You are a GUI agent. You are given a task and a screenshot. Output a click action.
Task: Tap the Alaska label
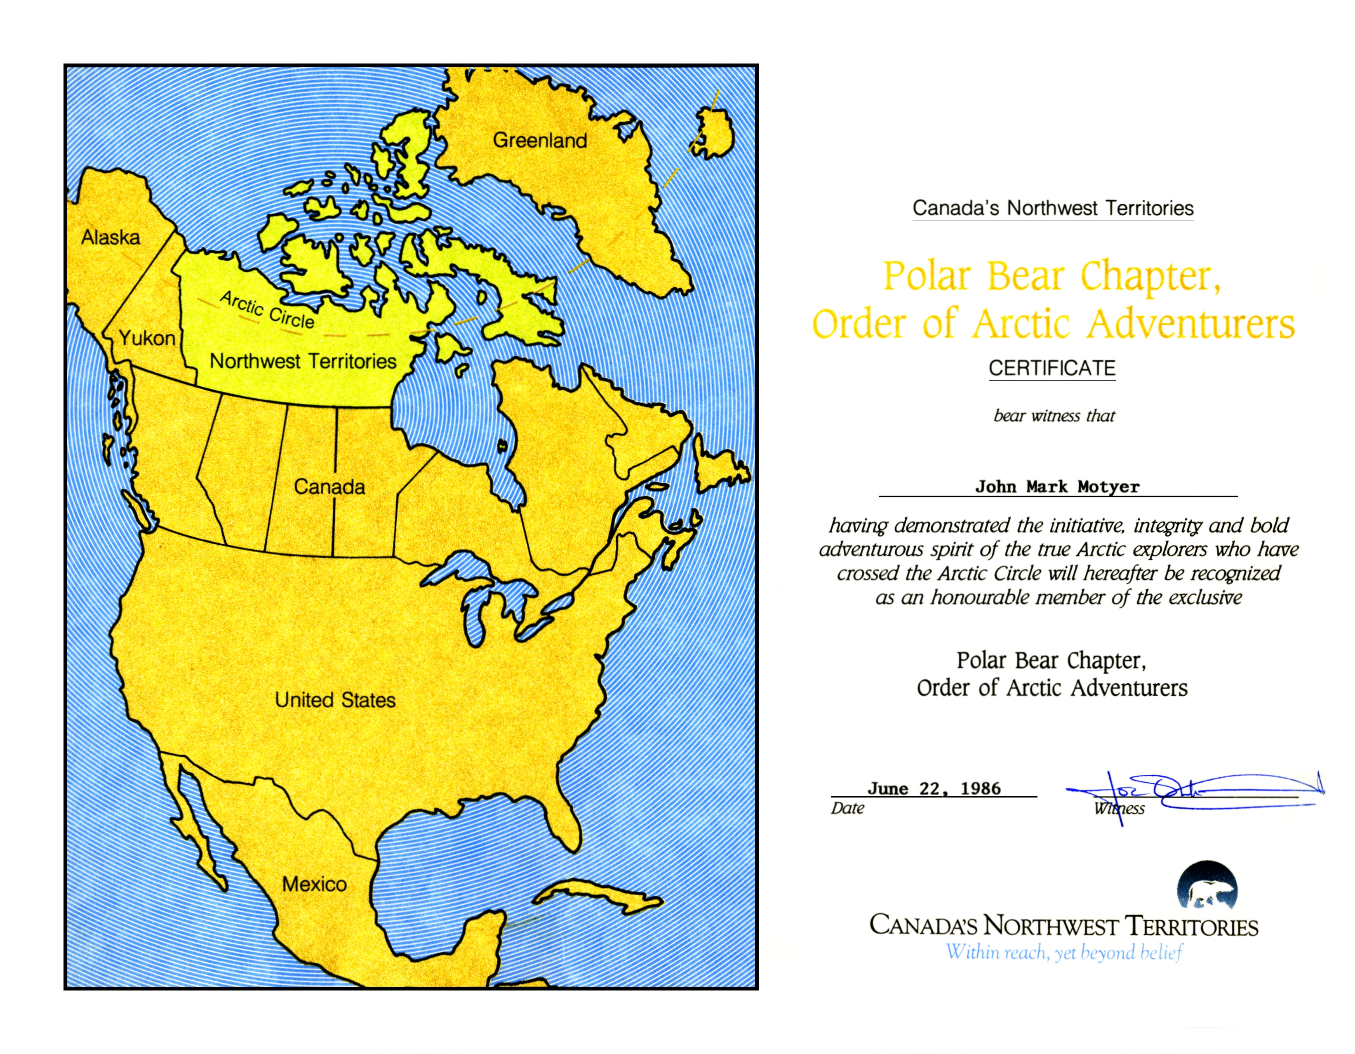111,237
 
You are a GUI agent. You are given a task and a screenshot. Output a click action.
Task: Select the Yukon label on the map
147,338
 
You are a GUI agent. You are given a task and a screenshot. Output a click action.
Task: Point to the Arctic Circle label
267,310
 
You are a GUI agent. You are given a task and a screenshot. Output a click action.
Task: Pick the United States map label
335,700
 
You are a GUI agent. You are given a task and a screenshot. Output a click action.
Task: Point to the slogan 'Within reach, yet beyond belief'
1063,952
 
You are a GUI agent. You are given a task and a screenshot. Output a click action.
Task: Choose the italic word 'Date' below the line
847,808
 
